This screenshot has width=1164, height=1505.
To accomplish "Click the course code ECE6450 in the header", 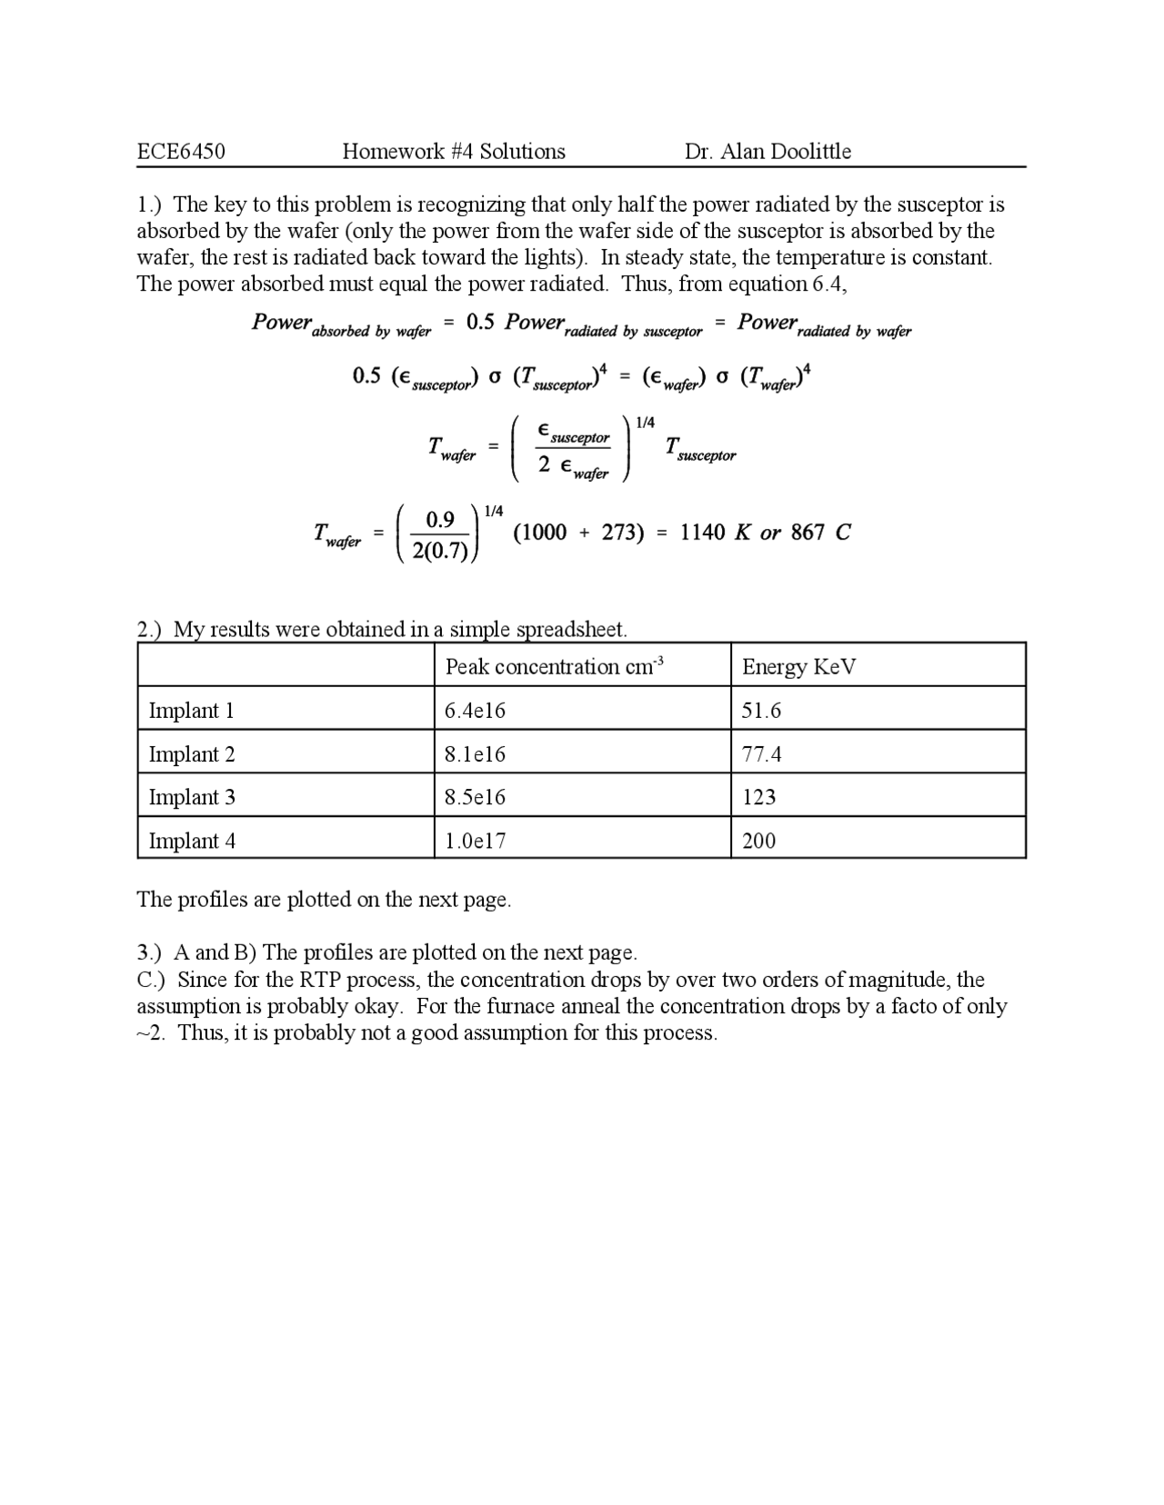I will coord(181,152).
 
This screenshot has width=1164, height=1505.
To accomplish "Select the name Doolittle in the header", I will coord(808,152).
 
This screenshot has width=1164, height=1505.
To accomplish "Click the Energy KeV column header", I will coord(798,667).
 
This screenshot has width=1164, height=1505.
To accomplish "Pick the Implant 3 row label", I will coord(192,797).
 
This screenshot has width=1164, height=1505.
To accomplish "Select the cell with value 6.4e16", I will coord(475,711).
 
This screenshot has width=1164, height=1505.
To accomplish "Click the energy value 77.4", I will coord(761,754).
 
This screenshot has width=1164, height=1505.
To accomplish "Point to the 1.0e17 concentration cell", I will coord(475,841).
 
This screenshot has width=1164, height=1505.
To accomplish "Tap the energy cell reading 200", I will coord(758,841).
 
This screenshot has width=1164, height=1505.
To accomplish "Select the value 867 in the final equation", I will coord(807,533).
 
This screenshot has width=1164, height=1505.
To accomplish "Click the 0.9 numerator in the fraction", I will coord(440,520).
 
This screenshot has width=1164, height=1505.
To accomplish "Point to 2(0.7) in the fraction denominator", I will coord(440,551).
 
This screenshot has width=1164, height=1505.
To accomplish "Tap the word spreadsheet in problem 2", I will coord(571,629).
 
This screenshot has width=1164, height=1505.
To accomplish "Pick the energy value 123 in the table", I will coord(758,797).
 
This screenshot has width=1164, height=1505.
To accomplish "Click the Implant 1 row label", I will coord(191,711).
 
